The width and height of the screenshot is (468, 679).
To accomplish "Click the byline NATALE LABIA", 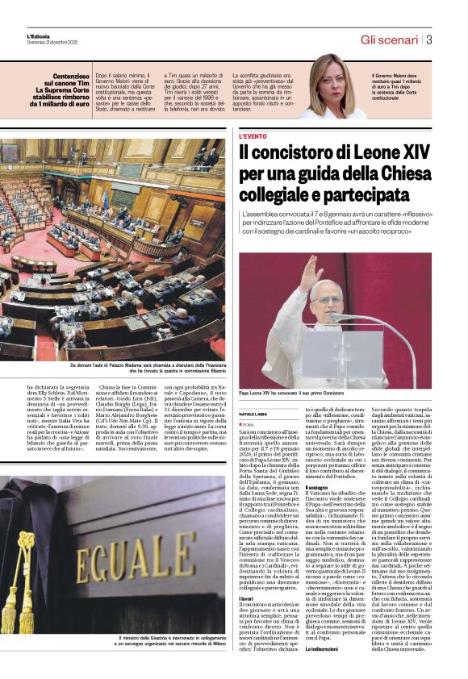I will (253, 414).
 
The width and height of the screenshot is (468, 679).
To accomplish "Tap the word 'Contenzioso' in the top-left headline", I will (66, 75).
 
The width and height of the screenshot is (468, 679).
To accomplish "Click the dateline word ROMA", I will (249, 424).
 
